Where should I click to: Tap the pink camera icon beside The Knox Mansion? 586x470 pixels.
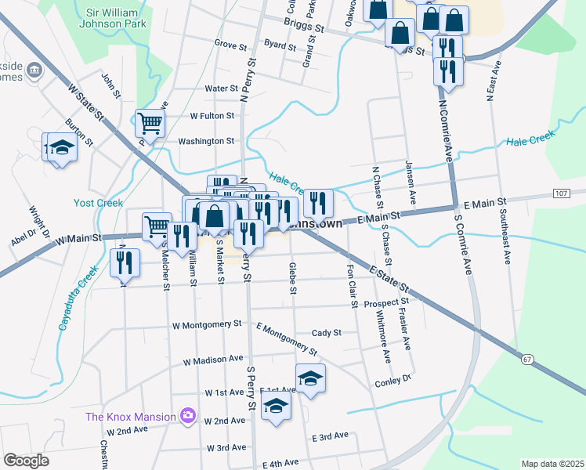[x=187, y=415]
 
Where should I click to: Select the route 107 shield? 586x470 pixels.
[x=562, y=193]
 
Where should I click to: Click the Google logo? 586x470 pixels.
[x=26, y=460]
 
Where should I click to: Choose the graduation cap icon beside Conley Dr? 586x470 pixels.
[x=310, y=378]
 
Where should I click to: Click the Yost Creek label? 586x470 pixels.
[x=99, y=203]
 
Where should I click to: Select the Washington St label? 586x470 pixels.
[x=206, y=141]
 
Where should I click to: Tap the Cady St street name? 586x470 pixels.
[x=326, y=332]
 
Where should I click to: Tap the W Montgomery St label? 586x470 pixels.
[x=207, y=324]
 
